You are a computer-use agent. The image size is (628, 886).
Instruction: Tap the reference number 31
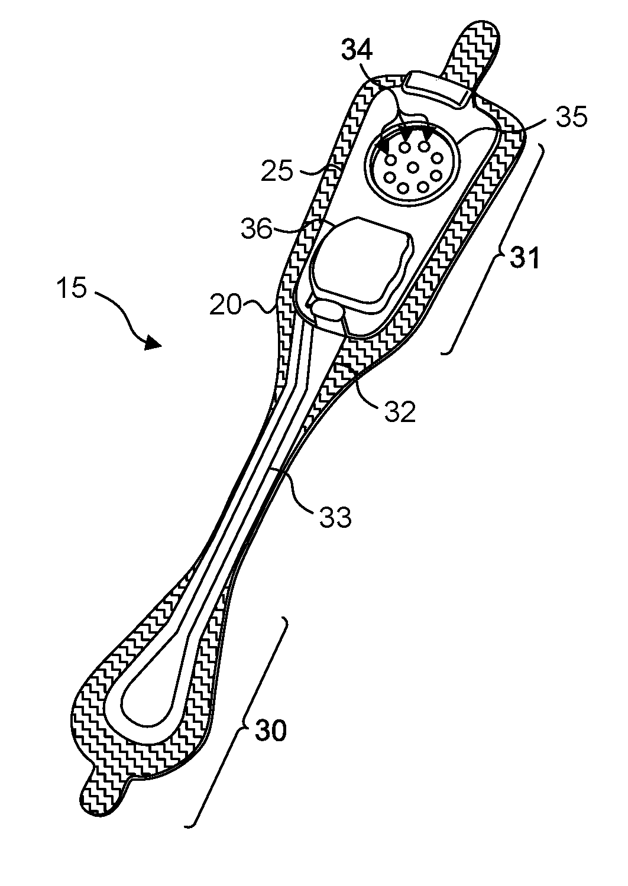[525, 258]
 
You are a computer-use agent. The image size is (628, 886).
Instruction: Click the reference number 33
[335, 516]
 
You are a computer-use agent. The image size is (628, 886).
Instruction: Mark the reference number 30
[271, 732]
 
